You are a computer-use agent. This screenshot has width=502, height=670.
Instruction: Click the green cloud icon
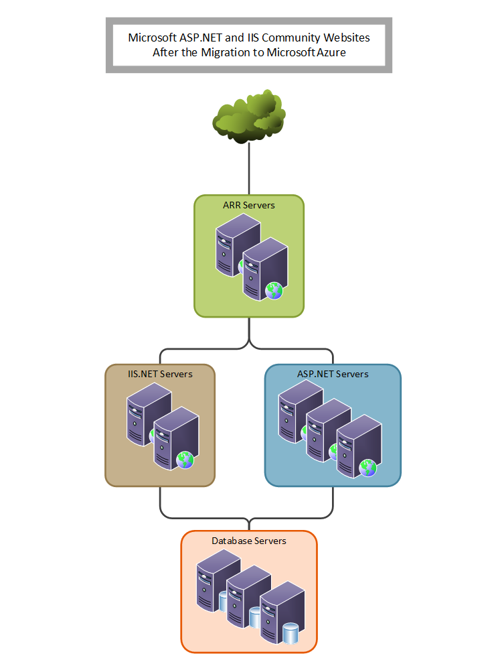pos(249,116)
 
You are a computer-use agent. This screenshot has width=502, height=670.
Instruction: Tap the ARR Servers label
pos(249,205)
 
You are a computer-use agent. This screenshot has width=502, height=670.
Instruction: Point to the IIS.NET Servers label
pos(160,374)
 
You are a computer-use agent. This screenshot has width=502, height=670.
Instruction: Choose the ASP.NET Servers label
pos(333,374)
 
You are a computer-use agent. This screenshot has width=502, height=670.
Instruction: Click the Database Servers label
pos(249,541)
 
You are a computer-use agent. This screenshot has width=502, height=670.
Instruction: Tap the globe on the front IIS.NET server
pos(185,460)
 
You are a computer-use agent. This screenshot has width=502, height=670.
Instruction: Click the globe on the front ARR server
pos(274,290)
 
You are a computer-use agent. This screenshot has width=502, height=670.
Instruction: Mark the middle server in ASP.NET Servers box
pos(326,429)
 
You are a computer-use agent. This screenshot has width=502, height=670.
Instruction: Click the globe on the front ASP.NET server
pos(367,468)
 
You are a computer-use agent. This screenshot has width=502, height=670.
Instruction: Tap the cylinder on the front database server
pos(290,633)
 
